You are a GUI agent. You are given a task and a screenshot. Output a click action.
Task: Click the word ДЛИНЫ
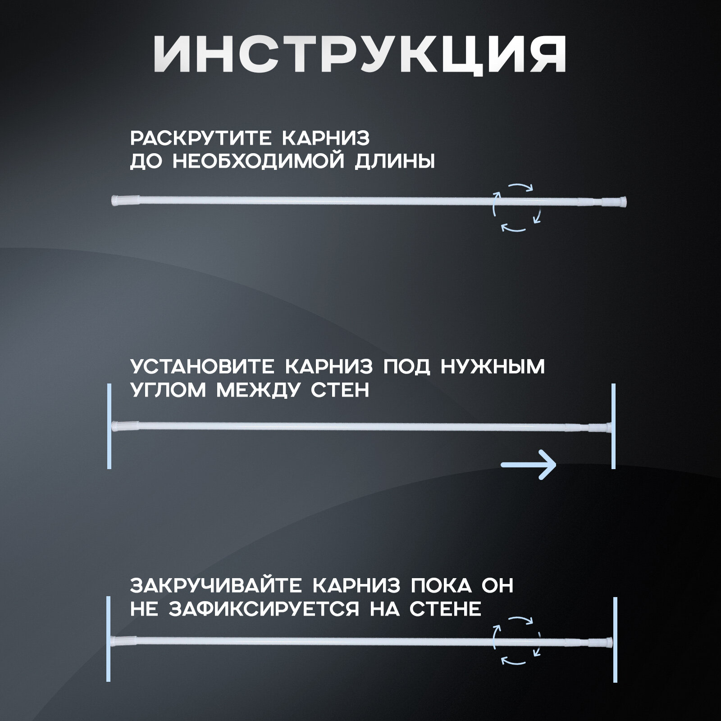(395, 162)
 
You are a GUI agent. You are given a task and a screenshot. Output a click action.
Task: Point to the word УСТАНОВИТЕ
(202, 367)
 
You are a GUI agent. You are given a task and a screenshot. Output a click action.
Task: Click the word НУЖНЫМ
(492, 367)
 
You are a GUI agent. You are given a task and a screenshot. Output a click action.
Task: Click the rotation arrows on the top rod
(516, 207)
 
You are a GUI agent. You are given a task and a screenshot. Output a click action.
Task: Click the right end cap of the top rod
(621, 201)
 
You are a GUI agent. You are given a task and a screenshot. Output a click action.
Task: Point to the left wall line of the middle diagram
(109, 426)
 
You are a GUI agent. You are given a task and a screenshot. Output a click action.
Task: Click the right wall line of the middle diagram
(613, 426)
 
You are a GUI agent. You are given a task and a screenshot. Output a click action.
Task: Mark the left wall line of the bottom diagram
(108, 639)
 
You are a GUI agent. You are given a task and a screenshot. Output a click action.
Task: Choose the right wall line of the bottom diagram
(615, 639)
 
